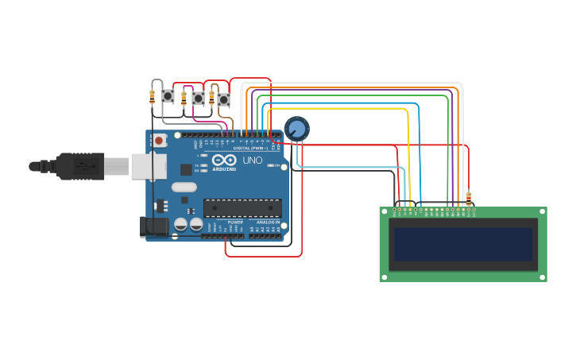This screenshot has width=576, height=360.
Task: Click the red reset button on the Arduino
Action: point(159,141)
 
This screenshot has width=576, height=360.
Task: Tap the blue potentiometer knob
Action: point(296,128)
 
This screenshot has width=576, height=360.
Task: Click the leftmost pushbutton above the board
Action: point(168,96)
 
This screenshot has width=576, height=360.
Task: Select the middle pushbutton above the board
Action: point(198,98)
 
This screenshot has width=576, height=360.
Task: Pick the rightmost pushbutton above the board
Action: point(224,99)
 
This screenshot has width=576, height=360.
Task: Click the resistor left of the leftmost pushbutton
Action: point(152,98)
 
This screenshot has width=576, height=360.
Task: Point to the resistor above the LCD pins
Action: point(468,198)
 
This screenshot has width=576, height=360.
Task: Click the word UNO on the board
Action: point(252,161)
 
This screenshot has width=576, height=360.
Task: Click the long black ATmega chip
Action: point(242,208)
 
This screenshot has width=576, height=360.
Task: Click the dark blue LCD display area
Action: point(462,244)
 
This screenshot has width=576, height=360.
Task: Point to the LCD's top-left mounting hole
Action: point(384,211)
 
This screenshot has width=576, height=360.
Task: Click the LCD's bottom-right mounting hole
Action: point(543,277)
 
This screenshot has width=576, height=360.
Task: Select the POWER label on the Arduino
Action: point(235,223)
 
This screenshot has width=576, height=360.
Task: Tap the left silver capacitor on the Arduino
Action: point(181,225)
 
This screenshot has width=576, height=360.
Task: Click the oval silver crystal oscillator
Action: point(183,188)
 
